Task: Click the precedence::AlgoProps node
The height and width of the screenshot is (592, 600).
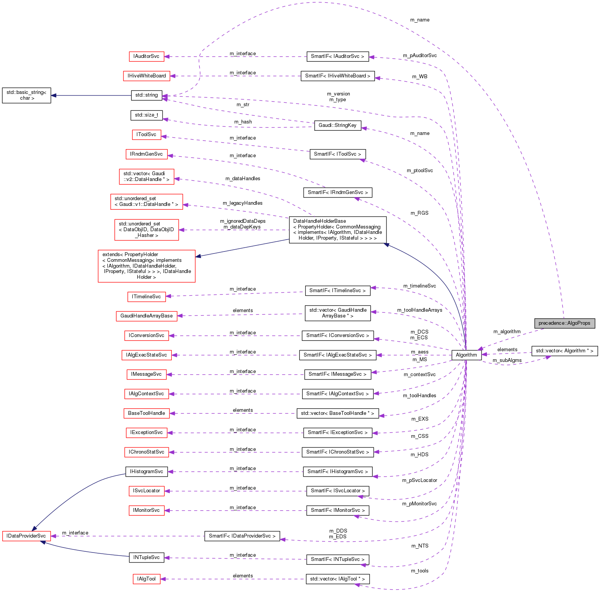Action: [564, 323]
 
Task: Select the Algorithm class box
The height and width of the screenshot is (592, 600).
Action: [466, 355]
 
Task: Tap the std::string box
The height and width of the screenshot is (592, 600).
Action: [146, 95]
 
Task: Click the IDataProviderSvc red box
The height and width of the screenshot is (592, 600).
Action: [26, 536]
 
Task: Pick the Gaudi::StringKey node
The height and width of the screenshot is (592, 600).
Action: [337, 125]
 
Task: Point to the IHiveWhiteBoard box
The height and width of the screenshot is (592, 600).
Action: [146, 76]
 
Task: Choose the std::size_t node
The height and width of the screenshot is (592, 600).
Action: [146, 115]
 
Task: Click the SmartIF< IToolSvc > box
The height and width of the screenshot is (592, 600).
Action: [337, 154]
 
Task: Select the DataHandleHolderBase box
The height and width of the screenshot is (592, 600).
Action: [337, 230]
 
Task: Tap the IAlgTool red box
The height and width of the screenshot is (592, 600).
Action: [146, 579]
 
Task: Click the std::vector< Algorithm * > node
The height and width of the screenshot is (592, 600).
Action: [564, 351]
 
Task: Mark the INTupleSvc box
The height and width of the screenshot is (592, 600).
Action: [146, 557]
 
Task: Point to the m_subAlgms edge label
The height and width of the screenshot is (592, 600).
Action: [507, 360]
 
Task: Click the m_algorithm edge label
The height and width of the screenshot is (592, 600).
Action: [507, 332]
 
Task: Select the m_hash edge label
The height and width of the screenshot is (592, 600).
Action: [243, 122]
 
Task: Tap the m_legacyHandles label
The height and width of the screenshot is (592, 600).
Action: [243, 203]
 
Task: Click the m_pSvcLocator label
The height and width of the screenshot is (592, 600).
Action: [419, 480]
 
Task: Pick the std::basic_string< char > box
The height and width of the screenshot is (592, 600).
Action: [26, 95]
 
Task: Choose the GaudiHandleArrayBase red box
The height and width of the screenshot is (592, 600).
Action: [146, 316]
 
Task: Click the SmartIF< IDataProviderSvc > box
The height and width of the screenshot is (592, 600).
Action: [242, 536]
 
